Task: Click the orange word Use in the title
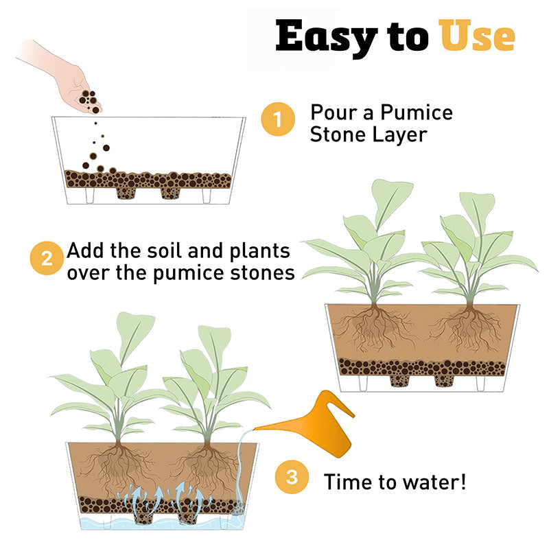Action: pyautogui.click(x=477, y=36)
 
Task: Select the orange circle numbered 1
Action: pyautogui.click(x=278, y=119)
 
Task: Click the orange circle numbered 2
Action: pyautogui.click(x=47, y=258)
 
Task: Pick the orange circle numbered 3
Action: pyautogui.click(x=292, y=477)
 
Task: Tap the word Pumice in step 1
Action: pyautogui.click(x=417, y=113)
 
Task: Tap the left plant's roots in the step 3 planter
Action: pyautogui.click(x=118, y=466)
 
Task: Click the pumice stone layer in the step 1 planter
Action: pyautogui.click(x=148, y=179)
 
